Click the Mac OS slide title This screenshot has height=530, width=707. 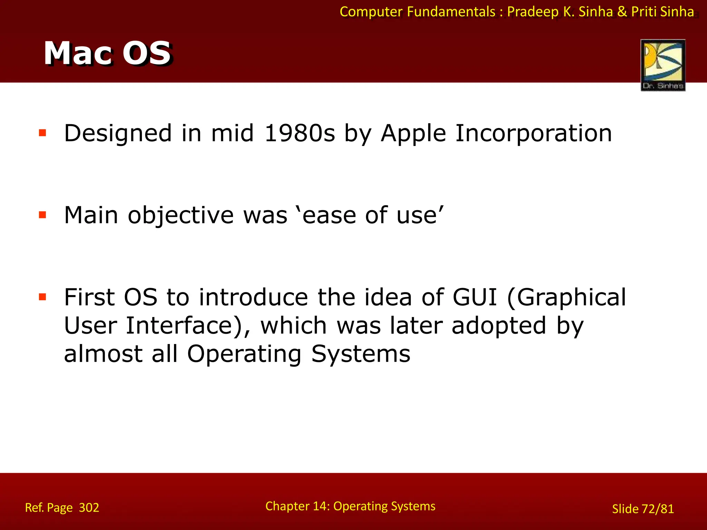[x=107, y=53]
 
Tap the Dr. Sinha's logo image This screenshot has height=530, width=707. [x=663, y=65]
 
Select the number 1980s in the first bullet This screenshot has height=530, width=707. [x=300, y=134]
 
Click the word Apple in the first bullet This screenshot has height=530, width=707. [x=413, y=134]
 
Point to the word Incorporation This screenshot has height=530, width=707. [x=533, y=134]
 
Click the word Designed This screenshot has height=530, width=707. [x=118, y=134]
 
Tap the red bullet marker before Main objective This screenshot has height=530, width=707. [x=42, y=215]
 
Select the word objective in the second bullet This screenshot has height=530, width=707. [x=181, y=215]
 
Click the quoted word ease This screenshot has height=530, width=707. [x=329, y=215]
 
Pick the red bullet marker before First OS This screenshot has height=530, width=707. [x=42, y=297]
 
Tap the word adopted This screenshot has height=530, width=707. [x=499, y=325]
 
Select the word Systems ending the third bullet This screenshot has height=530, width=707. [x=361, y=354]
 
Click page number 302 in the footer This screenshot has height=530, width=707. [x=89, y=508]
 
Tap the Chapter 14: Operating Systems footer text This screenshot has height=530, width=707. [x=350, y=506]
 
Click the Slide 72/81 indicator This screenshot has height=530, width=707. [x=643, y=509]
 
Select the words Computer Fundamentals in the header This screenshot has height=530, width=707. [x=417, y=12]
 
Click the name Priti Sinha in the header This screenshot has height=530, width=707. [x=662, y=12]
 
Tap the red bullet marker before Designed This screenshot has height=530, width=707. [x=42, y=133]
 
